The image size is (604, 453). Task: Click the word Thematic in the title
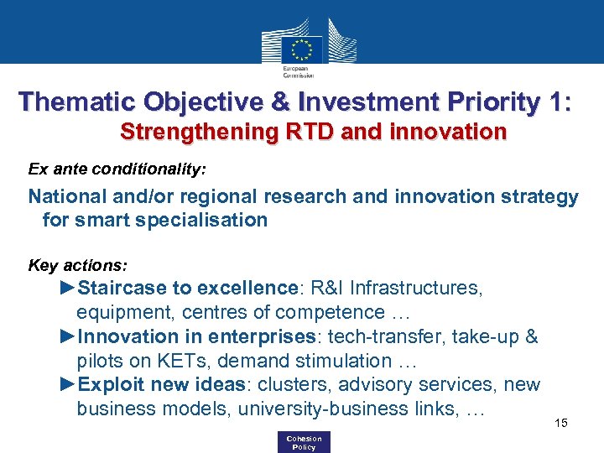70,102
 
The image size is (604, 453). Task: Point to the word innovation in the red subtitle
451,133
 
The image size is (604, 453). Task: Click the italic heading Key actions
78,266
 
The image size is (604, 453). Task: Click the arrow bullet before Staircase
68,289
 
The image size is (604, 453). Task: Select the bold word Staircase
122,289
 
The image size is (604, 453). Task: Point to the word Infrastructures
416,289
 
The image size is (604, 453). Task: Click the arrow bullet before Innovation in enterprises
68,337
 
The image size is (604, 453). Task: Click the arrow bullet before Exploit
68,385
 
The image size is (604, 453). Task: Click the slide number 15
561,423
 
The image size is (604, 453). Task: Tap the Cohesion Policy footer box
303,442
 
